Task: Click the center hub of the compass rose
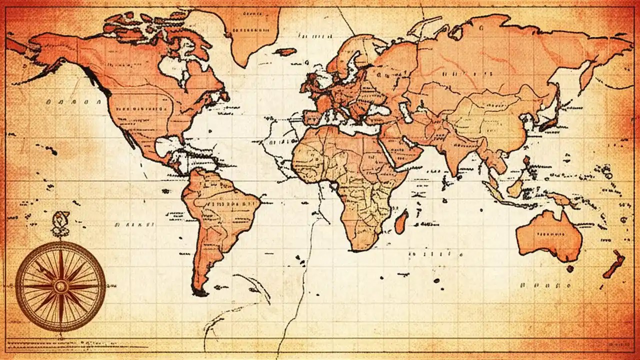coord(60,286)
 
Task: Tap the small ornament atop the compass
coord(60,219)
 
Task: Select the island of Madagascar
coord(401,222)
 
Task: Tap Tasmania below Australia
coord(570,269)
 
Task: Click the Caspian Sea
coord(406,112)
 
